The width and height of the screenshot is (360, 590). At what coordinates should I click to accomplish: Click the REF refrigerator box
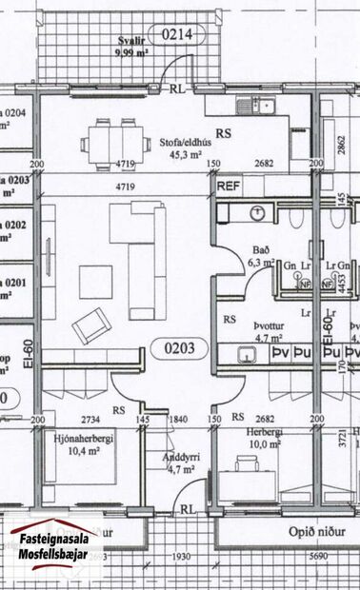coord(229,187)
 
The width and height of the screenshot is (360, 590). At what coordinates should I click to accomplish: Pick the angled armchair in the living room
coord(90,325)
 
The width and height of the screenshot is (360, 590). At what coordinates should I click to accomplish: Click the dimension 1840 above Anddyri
coord(178,419)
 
